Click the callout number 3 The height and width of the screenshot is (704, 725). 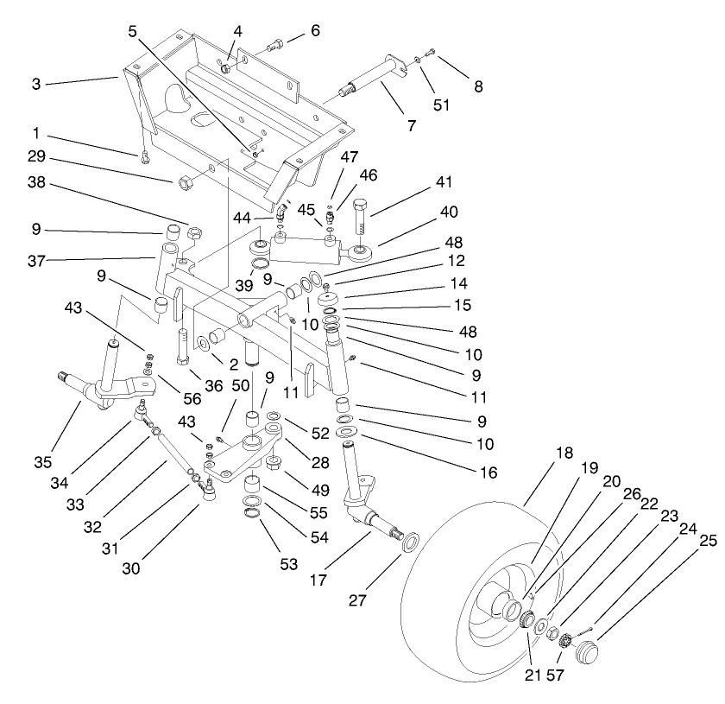36,84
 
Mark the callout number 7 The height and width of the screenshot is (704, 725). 412,125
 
